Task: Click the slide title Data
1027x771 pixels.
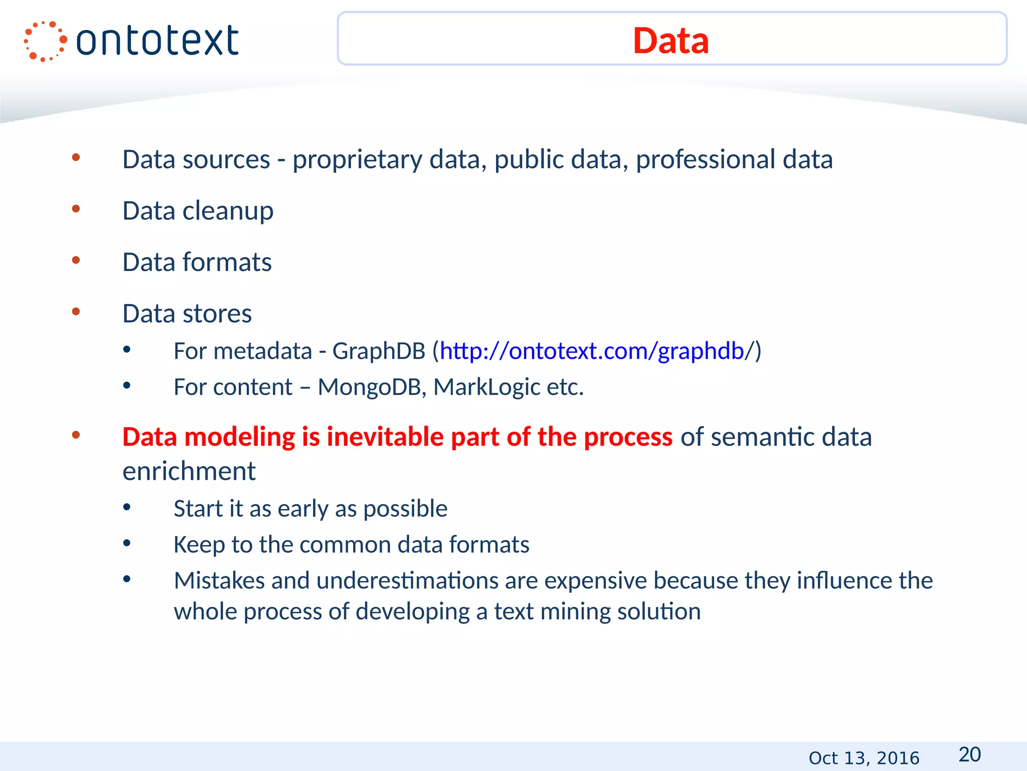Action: (x=670, y=40)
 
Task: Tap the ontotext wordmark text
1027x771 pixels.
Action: (x=157, y=41)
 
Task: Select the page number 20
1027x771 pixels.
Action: (x=969, y=754)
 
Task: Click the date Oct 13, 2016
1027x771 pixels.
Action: (x=864, y=757)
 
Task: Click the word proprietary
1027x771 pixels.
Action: (x=357, y=160)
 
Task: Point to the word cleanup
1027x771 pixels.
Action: (x=228, y=211)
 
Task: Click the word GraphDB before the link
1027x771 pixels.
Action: (x=379, y=351)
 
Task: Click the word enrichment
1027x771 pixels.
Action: (x=189, y=471)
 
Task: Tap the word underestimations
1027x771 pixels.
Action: (x=407, y=581)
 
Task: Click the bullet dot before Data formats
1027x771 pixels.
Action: (x=76, y=260)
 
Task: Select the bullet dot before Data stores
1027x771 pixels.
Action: (x=76, y=312)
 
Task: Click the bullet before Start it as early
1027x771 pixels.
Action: (x=127, y=507)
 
